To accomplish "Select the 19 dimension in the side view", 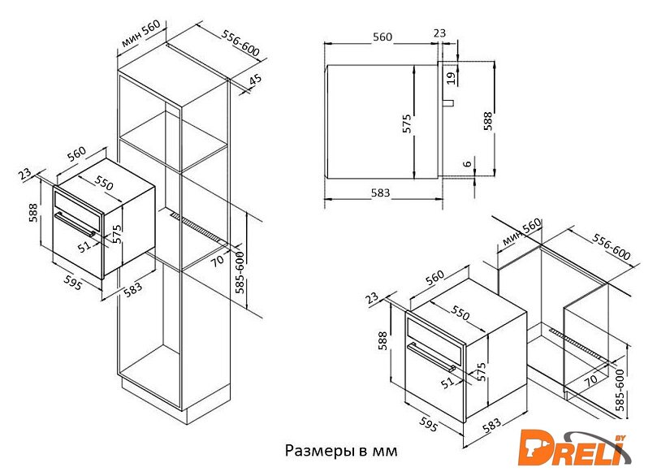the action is (451, 78).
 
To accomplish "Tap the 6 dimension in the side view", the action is (468, 163).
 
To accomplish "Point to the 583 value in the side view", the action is (380, 193).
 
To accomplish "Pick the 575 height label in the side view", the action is (406, 123).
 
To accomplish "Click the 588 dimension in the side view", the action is (488, 121).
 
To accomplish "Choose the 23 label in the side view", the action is (439, 32).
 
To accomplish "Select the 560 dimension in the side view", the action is (383, 37).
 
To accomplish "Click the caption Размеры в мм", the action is (341, 451).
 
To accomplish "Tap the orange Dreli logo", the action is (573, 448).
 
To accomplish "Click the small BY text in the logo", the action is (620, 438).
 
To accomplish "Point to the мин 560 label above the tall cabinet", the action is (141, 34).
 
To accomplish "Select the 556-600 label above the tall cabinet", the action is (240, 44).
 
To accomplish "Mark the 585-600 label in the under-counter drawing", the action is (620, 390).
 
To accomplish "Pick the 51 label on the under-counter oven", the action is (448, 382).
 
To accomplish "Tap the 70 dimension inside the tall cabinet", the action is (217, 261).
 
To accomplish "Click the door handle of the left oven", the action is (76, 224).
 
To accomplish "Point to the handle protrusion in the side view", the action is (448, 102).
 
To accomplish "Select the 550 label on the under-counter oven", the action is (460, 312).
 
